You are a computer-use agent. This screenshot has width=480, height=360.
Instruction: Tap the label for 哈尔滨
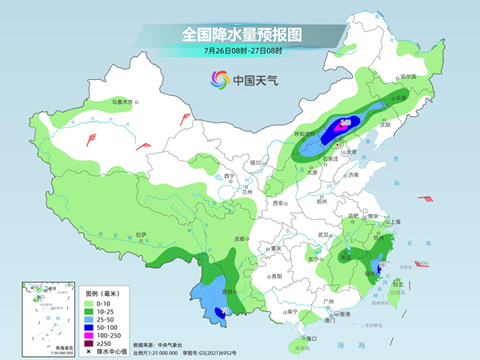(x=408, y=77)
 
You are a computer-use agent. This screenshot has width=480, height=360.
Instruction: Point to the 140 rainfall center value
(x=346, y=123)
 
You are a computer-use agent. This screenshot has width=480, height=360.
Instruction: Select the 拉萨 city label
(x=141, y=234)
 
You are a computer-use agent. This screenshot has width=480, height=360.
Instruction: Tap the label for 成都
(x=239, y=238)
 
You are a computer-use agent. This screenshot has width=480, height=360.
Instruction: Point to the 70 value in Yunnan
(x=225, y=310)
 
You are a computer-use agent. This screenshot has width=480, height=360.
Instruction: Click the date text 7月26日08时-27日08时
(x=242, y=50)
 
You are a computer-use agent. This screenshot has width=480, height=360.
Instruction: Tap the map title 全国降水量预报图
(x=242, y=34)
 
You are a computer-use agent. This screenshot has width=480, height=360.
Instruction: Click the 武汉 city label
(x=323, y=234)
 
